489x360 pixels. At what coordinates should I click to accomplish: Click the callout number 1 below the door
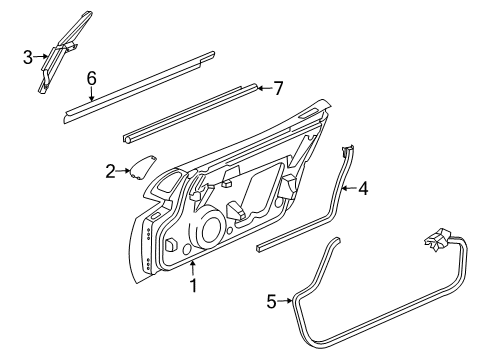coord(194,287)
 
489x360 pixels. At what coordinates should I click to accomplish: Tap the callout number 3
coord(29,56)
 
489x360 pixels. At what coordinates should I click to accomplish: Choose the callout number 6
coord(91,77)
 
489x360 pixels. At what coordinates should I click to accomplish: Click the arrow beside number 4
coord(349,187)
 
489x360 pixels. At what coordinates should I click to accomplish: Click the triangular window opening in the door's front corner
coord(166,186)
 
